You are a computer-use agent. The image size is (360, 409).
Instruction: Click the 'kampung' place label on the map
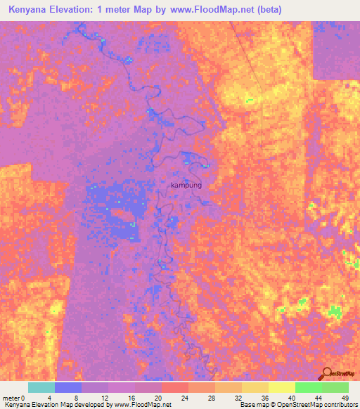point(186,185)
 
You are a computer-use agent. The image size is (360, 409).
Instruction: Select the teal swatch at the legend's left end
point(41,387)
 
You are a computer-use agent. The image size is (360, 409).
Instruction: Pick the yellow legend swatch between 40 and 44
point(282,387)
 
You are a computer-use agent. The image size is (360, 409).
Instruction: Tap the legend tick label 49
point(345,398)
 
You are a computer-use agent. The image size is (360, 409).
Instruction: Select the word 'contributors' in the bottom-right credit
point(339,405)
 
